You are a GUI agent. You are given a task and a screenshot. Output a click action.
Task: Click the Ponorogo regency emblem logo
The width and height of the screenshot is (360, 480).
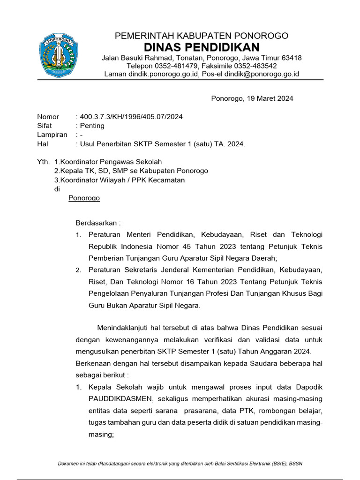click(x=58, y=55)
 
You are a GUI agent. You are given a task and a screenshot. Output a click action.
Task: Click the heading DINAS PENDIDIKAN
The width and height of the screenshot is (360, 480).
click(x=202, y=47)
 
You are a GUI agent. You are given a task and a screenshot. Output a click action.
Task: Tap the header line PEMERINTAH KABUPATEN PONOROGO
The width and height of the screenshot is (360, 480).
click(x=202, y=36)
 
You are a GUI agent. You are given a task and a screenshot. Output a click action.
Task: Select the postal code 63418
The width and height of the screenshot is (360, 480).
click(x=291, y=58)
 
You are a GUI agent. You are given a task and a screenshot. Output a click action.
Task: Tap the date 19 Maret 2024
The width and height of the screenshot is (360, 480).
click(x=269, y=98)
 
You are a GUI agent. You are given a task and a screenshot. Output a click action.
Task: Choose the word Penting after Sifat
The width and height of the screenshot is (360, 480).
click(x=92, y=126)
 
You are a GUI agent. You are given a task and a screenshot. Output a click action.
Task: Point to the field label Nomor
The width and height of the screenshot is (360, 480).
click(x=48, y=117)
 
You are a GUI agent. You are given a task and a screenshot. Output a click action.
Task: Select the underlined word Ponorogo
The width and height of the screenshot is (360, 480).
click(x=84, y=198)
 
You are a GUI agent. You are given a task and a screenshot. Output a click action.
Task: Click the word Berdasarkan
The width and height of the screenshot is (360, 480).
click(x=97, y=223)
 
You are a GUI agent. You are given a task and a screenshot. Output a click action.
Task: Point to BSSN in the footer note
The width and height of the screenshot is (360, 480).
click(x=295, y=464)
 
